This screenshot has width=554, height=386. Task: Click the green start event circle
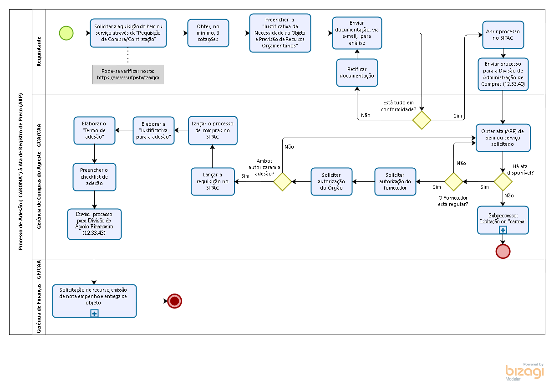click(x=66, y=33)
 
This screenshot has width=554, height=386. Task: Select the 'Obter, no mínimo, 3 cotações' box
click(x=208, y=33)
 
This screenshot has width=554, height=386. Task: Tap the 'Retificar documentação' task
click(x=357, y=72)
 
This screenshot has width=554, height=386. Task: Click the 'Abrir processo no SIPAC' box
click(x=503, y=35)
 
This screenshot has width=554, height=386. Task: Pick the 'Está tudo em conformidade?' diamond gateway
click(x=422, y=120)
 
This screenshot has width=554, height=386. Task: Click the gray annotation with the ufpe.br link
click(x=128, y=74)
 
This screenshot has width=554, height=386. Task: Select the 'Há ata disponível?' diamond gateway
click(x=503, y=181)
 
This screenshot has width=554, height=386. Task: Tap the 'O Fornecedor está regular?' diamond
click(x=453, y=181)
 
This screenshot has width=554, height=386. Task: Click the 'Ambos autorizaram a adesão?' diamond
click(x=282, y=181)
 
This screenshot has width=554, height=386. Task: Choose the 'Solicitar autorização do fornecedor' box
click(x=395, y=181)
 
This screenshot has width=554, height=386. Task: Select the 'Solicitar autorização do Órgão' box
click(x=331, y=181)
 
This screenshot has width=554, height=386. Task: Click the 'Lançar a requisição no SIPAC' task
click(x=213, y=181)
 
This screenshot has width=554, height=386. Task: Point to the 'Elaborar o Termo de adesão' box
click(x=94, y=130)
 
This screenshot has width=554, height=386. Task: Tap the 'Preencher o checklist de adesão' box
click(x=94, y=176)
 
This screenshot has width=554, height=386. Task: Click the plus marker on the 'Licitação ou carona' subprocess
click(x=503, y=230)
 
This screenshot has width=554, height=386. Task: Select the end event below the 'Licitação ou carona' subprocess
click(x=503, y=251)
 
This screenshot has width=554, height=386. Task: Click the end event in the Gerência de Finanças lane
click(x=174, y=301)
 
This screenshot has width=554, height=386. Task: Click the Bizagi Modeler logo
click(x=524, y=371)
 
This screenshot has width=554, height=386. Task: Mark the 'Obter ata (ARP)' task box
click(x=503, y=138)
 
